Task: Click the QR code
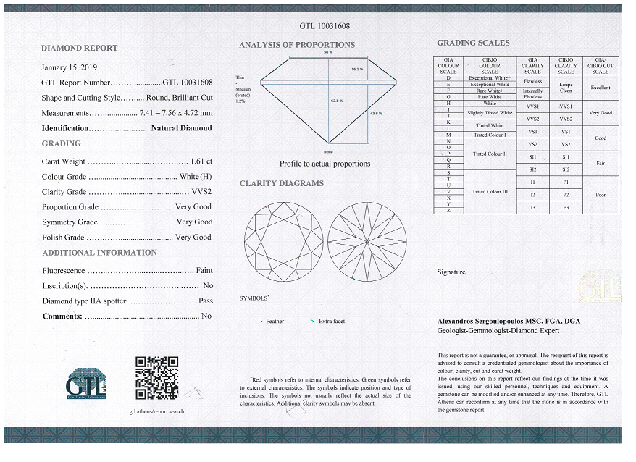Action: tap(157, 377)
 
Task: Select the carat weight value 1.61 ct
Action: tap(201, 161)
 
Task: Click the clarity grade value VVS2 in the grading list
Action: tap(200, 192)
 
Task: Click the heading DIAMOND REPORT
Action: tap(79, 49)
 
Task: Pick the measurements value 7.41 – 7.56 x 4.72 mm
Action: tap(177, 113)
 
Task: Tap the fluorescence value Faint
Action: tap(204, 270)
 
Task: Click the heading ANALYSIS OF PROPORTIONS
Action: tap(297, 45)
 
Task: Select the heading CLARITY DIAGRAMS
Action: tap(281, 183)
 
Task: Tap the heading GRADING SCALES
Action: tap(472, 43)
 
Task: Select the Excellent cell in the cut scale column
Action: tap(600, 87)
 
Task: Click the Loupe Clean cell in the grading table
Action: tap(566, 87)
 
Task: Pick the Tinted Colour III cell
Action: tap(490, 191)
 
